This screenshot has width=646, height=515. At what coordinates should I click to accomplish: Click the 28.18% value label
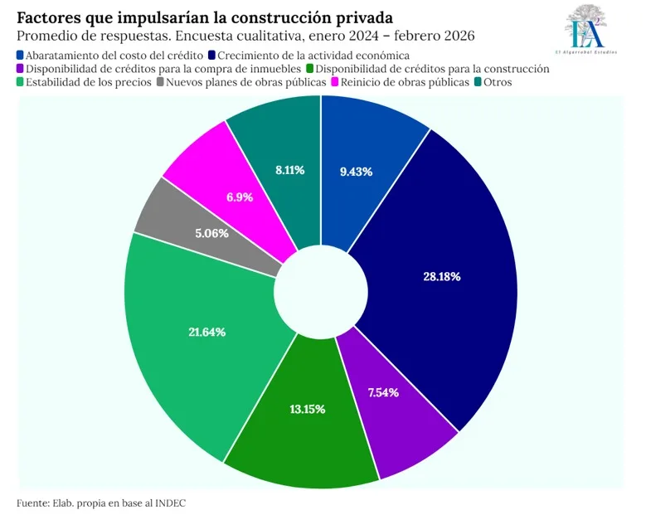tap(441, 276)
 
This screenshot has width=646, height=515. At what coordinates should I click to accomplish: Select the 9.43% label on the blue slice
tap(356, 172)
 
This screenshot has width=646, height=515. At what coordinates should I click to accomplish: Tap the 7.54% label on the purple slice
tap(382, 391)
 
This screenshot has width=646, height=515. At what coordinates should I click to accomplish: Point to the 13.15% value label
tap(308, 409)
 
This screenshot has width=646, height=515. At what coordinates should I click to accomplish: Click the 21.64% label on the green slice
tap(207, 331)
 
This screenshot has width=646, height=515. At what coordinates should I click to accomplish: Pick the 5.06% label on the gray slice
tap(212, 234)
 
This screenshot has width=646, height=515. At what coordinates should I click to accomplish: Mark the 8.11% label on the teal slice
tap(289, 169)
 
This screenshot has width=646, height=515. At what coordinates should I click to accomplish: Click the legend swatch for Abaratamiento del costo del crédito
tap(21, 55)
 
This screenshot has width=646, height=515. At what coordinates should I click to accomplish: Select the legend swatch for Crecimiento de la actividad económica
tap(211, 55)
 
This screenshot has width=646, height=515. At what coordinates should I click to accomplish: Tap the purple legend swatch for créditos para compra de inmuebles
tap(21, 69)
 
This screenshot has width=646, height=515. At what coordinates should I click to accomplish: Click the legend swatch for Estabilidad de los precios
tap(21, 82)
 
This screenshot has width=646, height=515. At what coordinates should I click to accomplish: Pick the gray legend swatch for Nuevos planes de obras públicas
tap(160, 82)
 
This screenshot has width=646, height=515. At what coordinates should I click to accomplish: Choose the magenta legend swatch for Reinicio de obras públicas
tap(336, 82)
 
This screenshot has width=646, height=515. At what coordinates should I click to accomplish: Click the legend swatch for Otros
tap(478, 82)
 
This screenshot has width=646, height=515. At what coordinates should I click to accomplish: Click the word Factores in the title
tap(49, 17)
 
